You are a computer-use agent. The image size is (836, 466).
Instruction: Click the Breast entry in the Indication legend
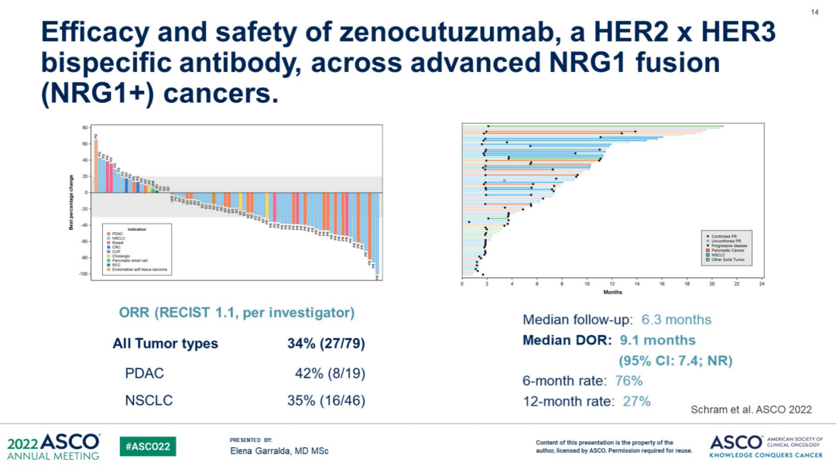click(x=117, y=243)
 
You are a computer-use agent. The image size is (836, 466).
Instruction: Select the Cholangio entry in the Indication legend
click(x=119, y=256)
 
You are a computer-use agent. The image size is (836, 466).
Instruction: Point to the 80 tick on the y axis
click(x=85, y=128)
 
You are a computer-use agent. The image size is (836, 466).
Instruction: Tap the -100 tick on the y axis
click(x=84, y=274)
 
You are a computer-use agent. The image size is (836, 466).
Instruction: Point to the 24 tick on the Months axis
click(x=762, y=284)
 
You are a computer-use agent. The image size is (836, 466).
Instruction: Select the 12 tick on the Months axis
click(x=612, y=284)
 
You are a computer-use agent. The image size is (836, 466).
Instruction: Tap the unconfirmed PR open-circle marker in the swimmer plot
click(x=504, y=180)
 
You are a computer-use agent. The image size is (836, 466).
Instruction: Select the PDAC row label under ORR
click(x=144, y=373)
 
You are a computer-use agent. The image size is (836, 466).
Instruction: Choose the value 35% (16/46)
click(x=331, y=400)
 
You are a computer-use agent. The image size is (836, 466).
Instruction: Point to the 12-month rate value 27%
click(x=632, y=401)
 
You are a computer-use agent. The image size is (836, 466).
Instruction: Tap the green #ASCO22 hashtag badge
click(x=148, y=446)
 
